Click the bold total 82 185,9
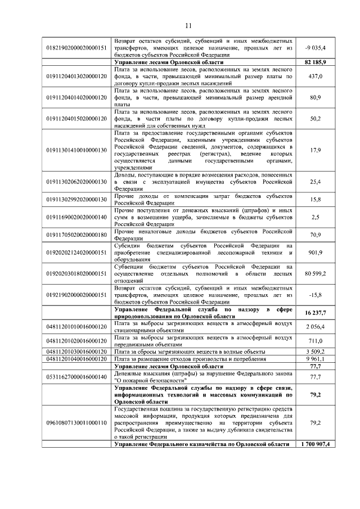tap(315, 61)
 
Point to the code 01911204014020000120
tap(76, 97)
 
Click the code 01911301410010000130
tap(76, 150)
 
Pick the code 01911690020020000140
tap(76, 217)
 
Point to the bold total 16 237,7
tap(315, 312)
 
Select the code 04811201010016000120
tap(76, 326)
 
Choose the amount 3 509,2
tap(315, 351)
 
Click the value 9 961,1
tap(315, 358)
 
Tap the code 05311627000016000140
tap(76, 376)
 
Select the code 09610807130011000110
tap(76, 421)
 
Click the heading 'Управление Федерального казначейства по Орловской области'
tap(202, 444)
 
